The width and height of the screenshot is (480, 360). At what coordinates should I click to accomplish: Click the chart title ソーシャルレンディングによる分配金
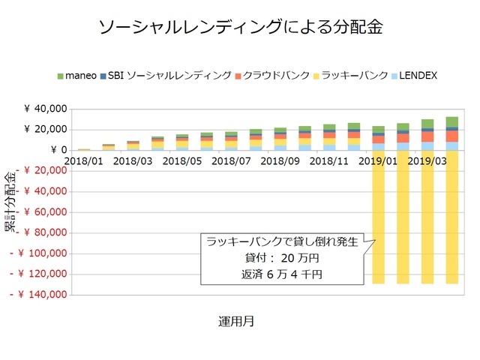coord(240,28)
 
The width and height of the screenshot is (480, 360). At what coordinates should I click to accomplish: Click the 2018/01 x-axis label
coord(85,160)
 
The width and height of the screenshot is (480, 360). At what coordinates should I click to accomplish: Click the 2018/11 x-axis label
coord(330,160)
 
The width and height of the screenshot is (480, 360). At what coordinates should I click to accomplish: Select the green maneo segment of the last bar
coord(451,121)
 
